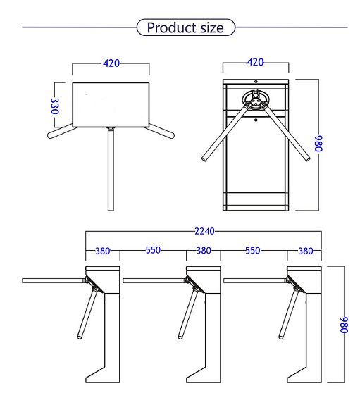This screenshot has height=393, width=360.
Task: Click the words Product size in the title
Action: [185, 27]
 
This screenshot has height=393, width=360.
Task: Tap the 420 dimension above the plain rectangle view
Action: [111, 63]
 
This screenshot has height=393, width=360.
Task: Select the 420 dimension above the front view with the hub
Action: [256, 62]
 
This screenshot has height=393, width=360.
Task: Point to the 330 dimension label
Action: [55, 106]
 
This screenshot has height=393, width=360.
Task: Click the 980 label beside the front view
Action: [318, 144]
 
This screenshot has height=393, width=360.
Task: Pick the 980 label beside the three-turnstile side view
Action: [345, 325]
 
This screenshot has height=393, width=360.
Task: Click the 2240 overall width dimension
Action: [204, 231]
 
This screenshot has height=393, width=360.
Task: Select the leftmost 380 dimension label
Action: [103, 251]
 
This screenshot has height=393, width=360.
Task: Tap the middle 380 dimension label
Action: [204, 251]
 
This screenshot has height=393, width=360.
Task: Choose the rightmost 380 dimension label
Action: [306, 251]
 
